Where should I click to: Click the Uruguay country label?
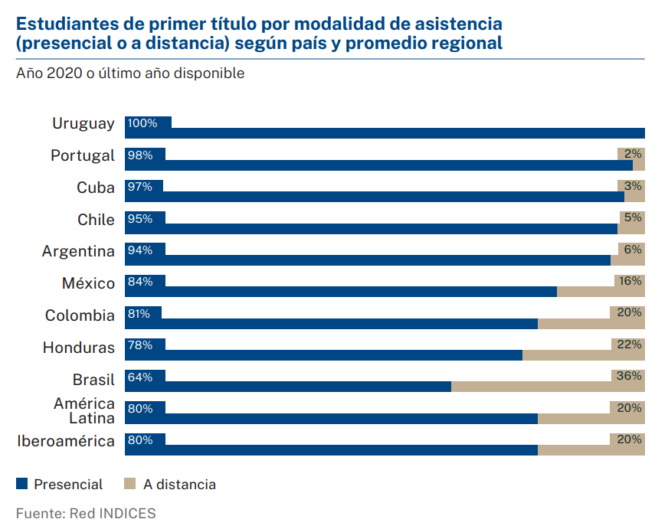pos(83,123)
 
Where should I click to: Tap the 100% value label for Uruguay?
pos(142,123)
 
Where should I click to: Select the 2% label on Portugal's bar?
pos(633,154)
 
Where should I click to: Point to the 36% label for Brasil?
pos(628,376)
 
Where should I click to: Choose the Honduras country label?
pos(79,348)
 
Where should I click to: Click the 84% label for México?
pos(140,282)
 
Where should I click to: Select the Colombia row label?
pos(80,315)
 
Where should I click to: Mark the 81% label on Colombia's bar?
pos(139,314)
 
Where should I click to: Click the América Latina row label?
pos(84,410)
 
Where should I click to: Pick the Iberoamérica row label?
pos(66,442)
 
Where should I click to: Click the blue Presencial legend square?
pos(21,484)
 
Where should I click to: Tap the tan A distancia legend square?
pos(129,484)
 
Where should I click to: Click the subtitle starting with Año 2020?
pos(130,73)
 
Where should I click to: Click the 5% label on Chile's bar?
pos(633,217)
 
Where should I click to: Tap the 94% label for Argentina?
pos(140,250)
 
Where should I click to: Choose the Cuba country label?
pos(96,188)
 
